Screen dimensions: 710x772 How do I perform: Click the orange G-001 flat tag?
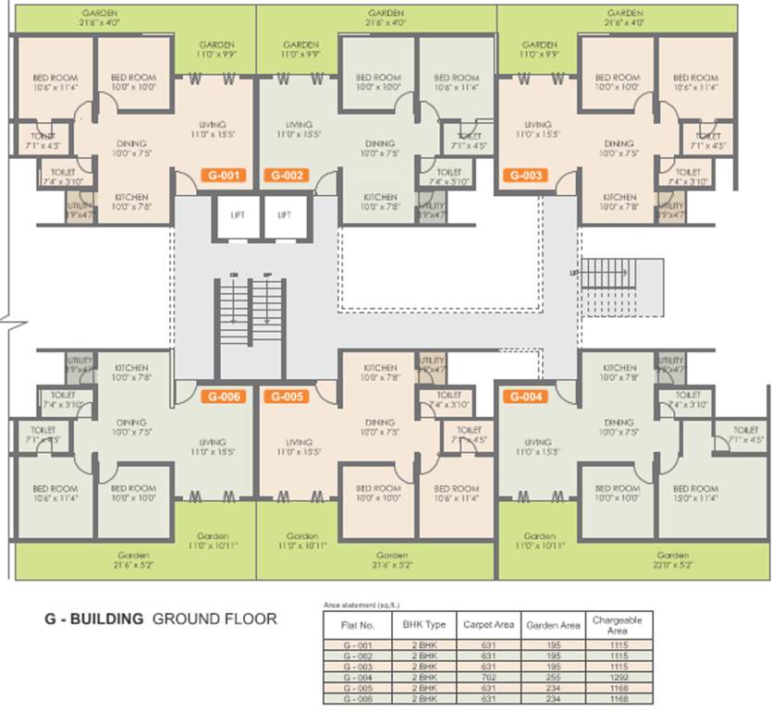223,175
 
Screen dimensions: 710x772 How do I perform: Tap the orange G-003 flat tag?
524,175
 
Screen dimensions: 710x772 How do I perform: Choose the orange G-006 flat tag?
223,397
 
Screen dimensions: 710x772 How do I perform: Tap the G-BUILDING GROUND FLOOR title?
161,618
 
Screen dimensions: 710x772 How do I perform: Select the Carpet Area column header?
489,624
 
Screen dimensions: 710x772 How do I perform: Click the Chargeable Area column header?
617,624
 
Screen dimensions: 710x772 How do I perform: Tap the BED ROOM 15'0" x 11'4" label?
695,493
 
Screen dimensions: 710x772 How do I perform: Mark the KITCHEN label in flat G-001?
132,202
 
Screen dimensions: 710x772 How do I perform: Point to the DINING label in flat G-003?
619,148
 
